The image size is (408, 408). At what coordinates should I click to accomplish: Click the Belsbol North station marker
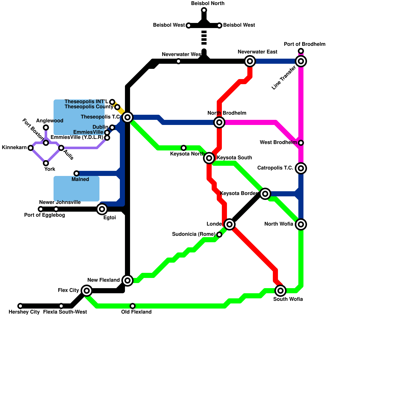tap(204, 10)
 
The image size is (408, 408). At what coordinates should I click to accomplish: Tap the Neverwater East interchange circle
tap(250, 61)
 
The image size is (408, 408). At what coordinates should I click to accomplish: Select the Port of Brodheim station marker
tap(301, 51)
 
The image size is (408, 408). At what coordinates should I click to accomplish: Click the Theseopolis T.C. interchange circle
tap(127, 117)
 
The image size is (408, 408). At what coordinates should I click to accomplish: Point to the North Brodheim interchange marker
tap(219, 122)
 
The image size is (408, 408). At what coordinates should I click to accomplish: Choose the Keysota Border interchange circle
tap(265, 194)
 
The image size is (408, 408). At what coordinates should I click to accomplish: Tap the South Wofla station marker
tap(280, 291)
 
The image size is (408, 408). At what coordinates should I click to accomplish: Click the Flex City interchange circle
tap(87, 291)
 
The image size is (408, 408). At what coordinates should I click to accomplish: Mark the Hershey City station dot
tap(20, 306)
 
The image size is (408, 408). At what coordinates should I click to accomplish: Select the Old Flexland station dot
tap(133, 306)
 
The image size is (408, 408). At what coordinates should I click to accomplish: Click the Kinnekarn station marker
tap(31, 148)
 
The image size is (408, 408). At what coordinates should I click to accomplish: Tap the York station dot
tap(46, 163)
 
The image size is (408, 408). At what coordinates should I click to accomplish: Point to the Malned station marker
tap(76, 173)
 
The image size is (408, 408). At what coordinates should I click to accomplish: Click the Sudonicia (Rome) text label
tap(194, 234)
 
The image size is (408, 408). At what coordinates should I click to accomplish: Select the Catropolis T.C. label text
tap(275, 168)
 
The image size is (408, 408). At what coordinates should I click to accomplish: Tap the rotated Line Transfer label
tap(284, 78)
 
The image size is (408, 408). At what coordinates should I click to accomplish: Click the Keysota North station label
tap(187, 154)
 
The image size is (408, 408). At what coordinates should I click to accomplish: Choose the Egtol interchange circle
tap(102, 209)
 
